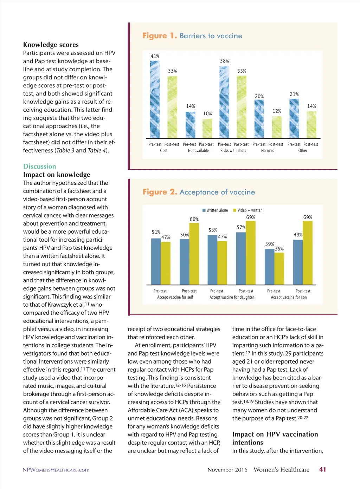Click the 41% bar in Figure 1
pyautogui.click(x=155, y=99)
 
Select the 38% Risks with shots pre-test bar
pyautogui.click(x=224, y=102)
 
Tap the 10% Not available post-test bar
pyautogui.click(x=207, y=128)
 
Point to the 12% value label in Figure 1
pyautogui.click(x=277, y=111)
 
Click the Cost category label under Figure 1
pyautogui.click(x=164, y=151)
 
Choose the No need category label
pyautogui.click(x=268, y=151)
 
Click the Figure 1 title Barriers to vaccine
pyautogui.click(x=192, y=36)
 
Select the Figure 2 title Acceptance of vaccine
pyautogui.click(x=199, y=192)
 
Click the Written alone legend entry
pyautogui.click(x=215, y=210)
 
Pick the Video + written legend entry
pyautogui.click(x=248, y=210)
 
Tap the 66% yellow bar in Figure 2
pyautogui.click(x=194, y=254)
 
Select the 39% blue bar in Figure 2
pyautogui.click(x=269, y=267)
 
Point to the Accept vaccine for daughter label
pyautogui.click(x=232, y=298)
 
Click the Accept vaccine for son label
pyautogui.click(x=289, y=298)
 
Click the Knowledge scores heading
pyautogui.click(x=51, y=45)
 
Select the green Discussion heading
pyautogui.click(x=40, y=167)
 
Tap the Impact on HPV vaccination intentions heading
pyautogui.click(x=275, y=438)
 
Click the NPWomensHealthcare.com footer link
pyautogui.click(x=56, y=470)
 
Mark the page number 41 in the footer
pyautogui.click(x=322, y=470)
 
